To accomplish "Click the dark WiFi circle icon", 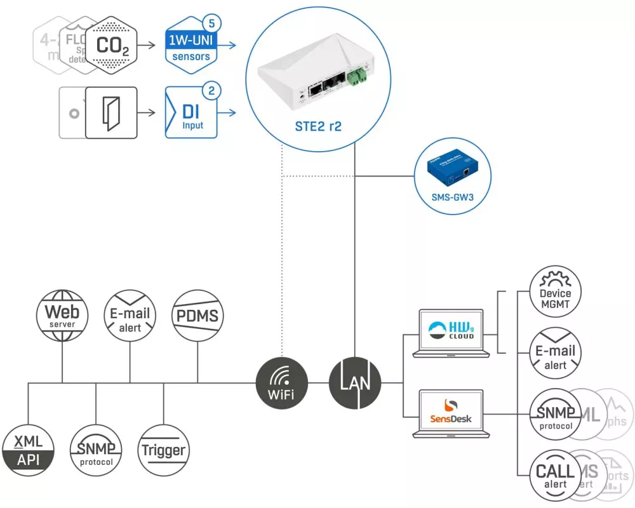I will pyautogui.click(x=281, y=383).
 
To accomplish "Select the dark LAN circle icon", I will pyautogui.click(x=355, y=383).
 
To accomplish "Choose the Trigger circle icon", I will pyautogui.click(x=164, y=451).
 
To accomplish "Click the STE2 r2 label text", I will pyautogui.click(x=319, y=126).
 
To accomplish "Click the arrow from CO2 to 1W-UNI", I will pyautogui.click(x=148, y=45).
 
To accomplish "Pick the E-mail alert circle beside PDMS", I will pyautogui.click(x=130, y=315).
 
